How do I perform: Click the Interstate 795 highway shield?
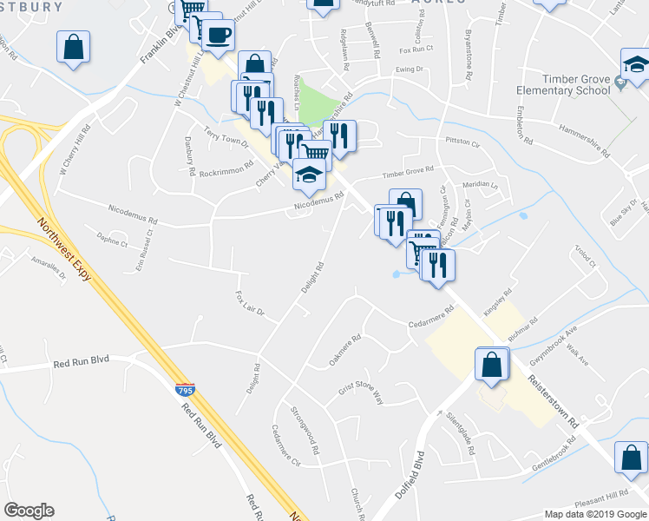[x=184, y=390]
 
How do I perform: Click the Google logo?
[x=29, y=511]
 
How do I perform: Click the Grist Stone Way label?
[x=360, y=386]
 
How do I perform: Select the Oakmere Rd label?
[x=344, y=350]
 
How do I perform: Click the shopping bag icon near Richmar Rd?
[x=491, y=366]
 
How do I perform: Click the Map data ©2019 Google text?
[x=594, y=513]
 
